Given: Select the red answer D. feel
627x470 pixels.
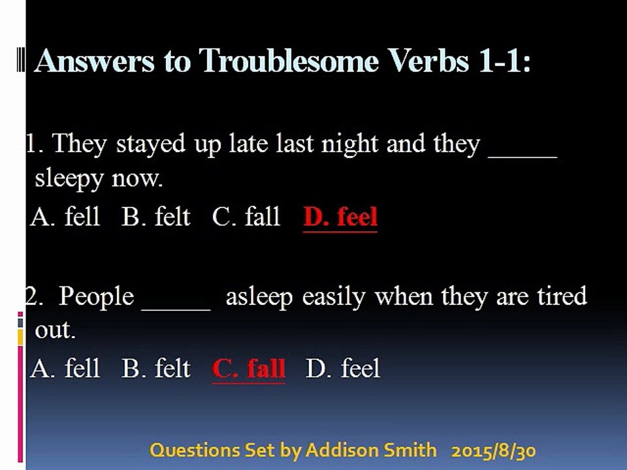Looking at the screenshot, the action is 340,217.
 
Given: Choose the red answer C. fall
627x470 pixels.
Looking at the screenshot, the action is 249,368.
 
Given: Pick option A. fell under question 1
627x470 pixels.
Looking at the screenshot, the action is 65,217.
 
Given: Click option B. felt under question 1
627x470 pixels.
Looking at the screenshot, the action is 156,217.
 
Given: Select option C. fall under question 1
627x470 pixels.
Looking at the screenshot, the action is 246,217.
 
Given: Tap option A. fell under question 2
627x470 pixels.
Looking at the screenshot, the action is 65,368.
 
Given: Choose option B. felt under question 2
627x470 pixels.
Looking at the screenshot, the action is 156,368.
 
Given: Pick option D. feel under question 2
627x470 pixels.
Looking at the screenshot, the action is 343,368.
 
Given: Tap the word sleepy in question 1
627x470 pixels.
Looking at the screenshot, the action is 69,180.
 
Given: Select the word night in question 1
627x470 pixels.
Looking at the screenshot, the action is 350,144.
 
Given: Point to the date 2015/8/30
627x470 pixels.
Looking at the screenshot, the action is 494,451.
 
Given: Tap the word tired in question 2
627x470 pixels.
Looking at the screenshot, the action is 562,296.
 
